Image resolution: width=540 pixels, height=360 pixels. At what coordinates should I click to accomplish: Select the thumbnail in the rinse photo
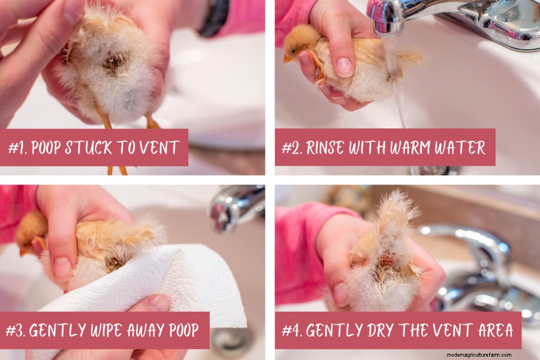coord(344,67)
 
